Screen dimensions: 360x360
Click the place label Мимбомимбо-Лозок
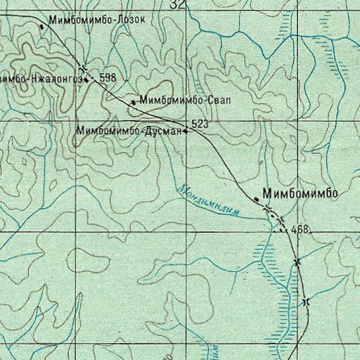pos(96,20)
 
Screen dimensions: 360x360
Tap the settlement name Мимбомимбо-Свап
pos(186,101)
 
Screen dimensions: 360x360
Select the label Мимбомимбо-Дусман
pos(129,131)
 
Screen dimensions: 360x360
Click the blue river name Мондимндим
pos(210,199)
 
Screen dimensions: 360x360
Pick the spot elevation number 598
pos(108,78)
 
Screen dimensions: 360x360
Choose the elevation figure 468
pos(300,229)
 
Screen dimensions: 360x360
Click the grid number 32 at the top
pos(179,4)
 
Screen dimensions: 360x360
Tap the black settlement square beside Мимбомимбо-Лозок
pos(41,27)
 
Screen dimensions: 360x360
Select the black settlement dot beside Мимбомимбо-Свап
pos(133,103)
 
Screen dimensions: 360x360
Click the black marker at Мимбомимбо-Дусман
pos(186,130)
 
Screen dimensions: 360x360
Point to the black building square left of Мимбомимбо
pos(257,200)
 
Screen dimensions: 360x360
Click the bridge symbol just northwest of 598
pos(84,68)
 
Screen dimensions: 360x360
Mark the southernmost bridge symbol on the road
pos(304,302)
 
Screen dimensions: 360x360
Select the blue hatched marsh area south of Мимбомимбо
pos(278,281)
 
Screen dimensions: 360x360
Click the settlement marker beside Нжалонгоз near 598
pos(86,79)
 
